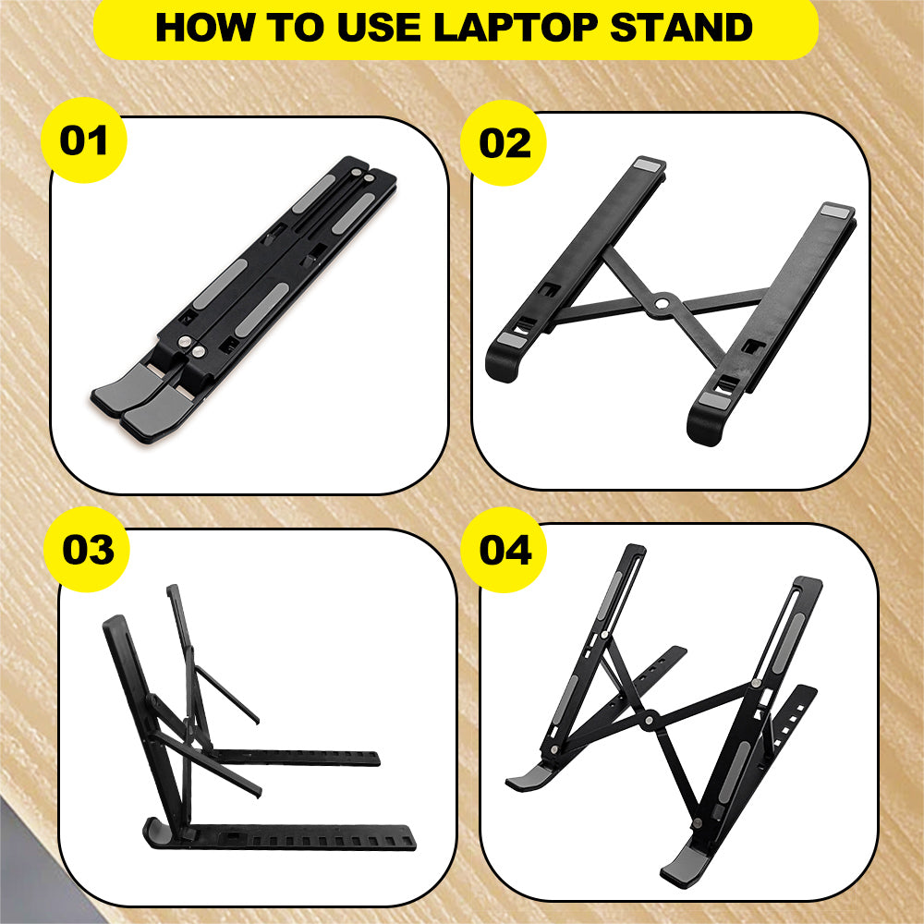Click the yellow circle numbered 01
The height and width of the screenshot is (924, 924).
tap(84, 142)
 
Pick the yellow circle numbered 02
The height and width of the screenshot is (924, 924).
tap(505, 144)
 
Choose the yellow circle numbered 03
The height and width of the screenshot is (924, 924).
tap(88, 549)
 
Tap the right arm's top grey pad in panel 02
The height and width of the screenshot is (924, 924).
tap(837, 212)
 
